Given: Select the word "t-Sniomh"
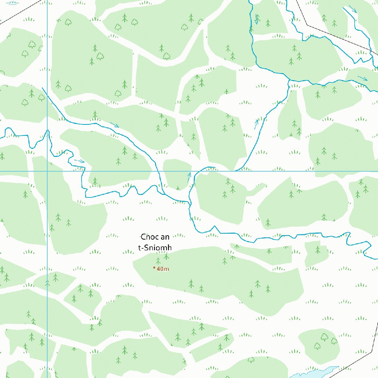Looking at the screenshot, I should click(155, 248).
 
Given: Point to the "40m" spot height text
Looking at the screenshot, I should click(163, 269).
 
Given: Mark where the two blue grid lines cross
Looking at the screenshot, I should click(47, 171).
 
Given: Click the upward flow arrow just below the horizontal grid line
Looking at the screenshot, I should click(189, 176).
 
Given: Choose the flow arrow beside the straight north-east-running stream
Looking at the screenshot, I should click(256, 124).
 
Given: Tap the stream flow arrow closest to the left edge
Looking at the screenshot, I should click(79, 161).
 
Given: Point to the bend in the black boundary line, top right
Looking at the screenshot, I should click(307, 25).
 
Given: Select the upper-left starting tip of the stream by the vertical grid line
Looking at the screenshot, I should click(43, 88).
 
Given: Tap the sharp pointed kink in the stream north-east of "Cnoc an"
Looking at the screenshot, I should click(215, 226).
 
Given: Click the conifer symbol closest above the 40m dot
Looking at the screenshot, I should click(158, 261).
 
